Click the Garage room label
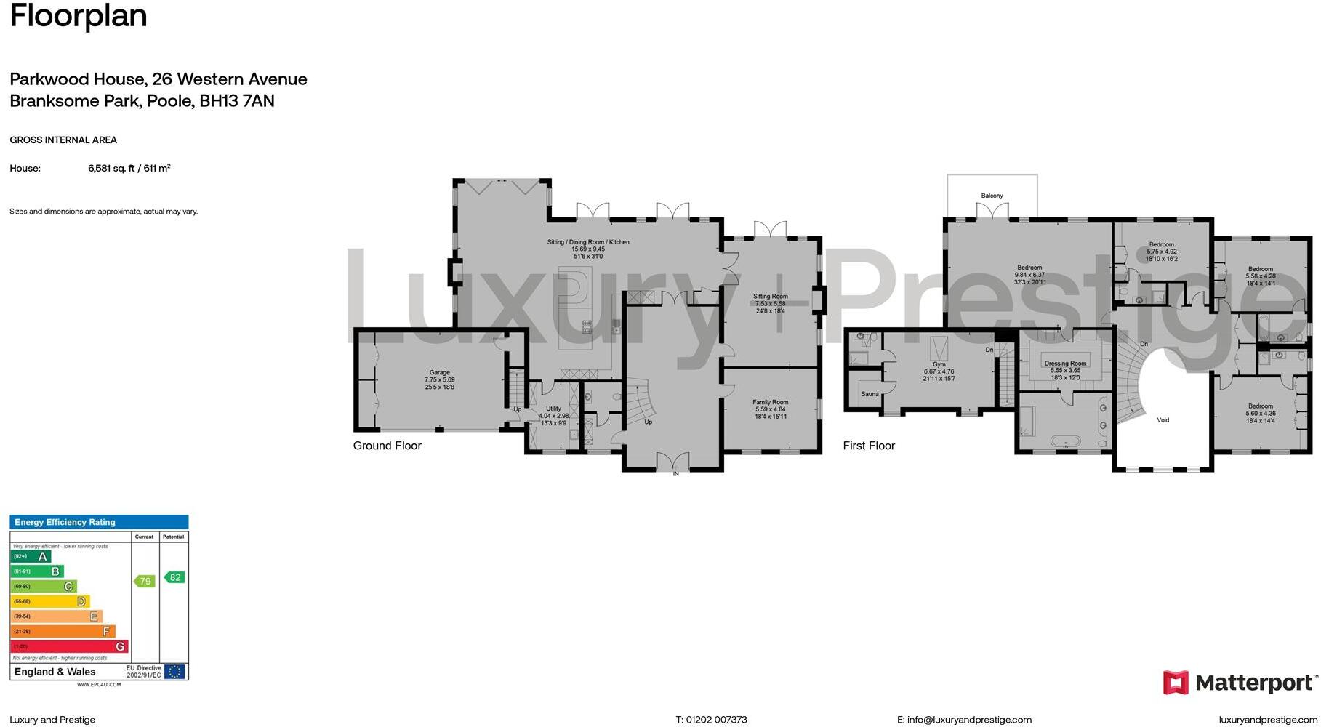[439, 373]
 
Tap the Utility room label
[553, 409]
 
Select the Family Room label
[770, 402]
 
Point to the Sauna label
[870, 394]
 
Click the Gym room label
[939, 364]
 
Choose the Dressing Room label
[1065, 363]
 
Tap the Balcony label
[992, 196]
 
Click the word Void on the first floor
[1163, 420]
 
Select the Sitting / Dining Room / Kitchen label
[588, 242]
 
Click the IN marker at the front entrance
[675, 474]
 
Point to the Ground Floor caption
[387, 446]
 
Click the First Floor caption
[869, 446]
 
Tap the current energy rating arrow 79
[145, 581]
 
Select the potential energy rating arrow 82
[174, 577]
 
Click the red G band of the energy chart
[69, 646]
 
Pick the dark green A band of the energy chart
[31, 557]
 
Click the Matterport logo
[1240, 683]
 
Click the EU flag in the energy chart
[174, 672]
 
